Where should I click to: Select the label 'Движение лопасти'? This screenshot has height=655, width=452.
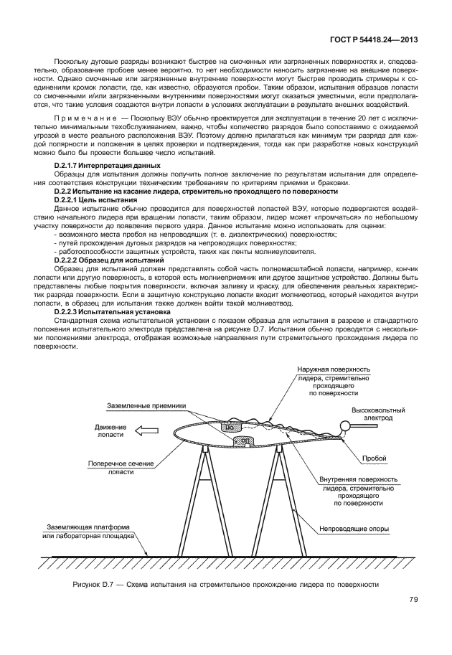110,430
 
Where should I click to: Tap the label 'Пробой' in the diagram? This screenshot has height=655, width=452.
375,457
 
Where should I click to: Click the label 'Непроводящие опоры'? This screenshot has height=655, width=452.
353,530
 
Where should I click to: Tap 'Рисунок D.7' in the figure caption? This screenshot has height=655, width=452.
98,585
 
